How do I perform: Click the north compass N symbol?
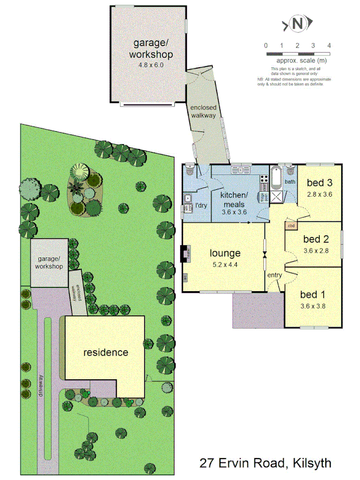(298, 23)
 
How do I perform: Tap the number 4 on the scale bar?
(329, 45)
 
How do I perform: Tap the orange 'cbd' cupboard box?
(291, 226)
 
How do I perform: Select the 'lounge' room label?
(225, 253)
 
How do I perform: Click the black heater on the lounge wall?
(185, 254)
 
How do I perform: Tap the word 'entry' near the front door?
(275, 275)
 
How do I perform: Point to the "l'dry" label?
(201, 205)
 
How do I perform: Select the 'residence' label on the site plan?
(106, 353)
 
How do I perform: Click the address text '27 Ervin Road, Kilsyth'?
(265, 462)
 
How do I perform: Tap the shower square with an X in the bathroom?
(277, 196)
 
